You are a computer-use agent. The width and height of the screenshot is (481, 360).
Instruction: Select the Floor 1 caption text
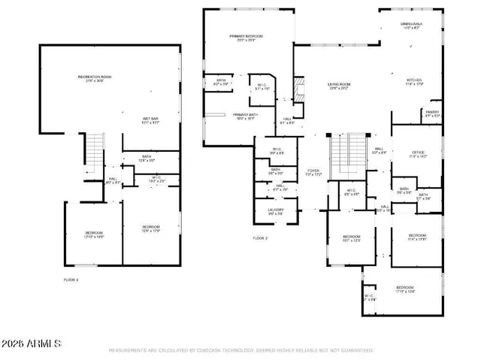(71, 280)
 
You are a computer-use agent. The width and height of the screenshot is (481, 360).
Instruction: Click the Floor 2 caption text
(260, 238)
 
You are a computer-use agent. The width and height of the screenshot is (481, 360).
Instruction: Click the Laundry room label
(276, 212)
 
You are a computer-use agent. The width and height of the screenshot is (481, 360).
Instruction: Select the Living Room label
(339, 86)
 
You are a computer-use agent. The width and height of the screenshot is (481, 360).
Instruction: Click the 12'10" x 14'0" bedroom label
(93, 234)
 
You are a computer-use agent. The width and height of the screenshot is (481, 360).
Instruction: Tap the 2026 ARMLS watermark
(32, 343)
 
